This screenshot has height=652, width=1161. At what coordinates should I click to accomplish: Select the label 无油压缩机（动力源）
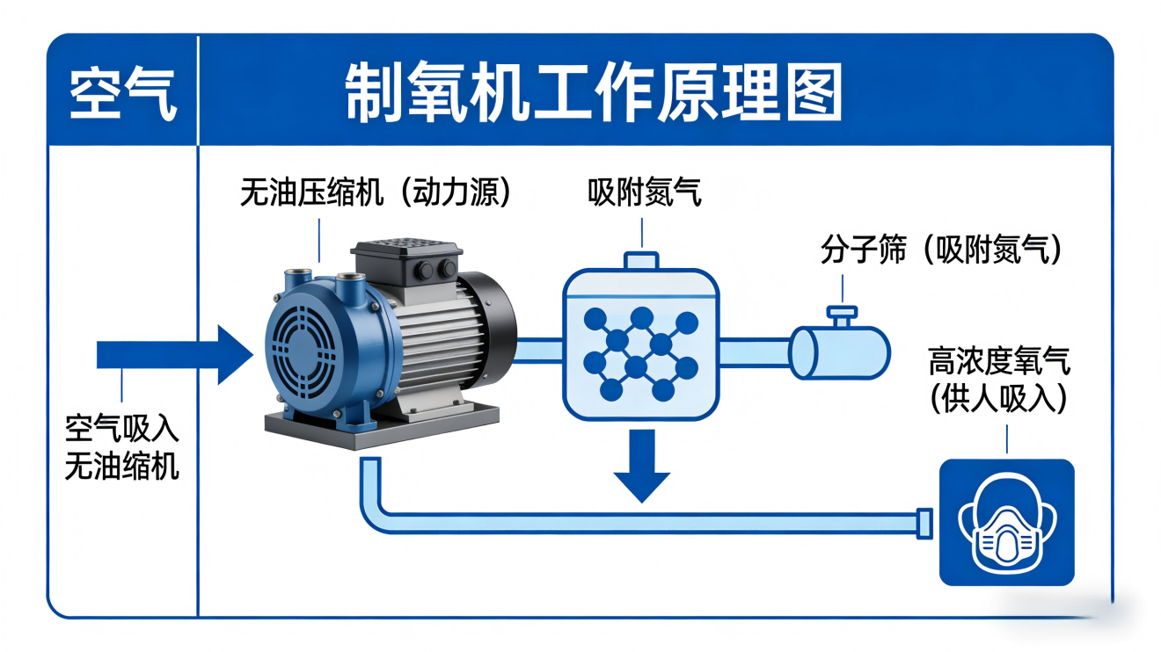click(376, 192)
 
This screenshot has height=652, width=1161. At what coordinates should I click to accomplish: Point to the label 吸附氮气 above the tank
click(645, 192)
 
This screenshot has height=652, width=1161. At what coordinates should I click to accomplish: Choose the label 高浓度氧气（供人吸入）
click(1000, 380)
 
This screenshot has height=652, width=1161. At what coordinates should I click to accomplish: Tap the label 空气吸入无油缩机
click(122, 447)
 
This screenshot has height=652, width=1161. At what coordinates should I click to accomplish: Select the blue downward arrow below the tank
click(643, 466)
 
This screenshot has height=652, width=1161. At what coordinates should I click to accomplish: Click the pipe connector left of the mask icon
click(924, 522)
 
